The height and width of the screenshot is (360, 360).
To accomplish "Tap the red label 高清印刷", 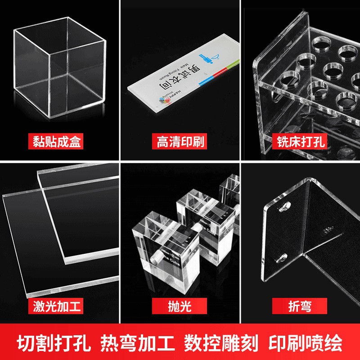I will coord(180,143).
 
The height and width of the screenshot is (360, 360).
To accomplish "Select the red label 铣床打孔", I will coord(301,143).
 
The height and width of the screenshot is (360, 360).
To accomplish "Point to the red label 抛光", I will coord(180,306).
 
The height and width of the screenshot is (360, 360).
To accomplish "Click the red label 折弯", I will coord(301,306).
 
